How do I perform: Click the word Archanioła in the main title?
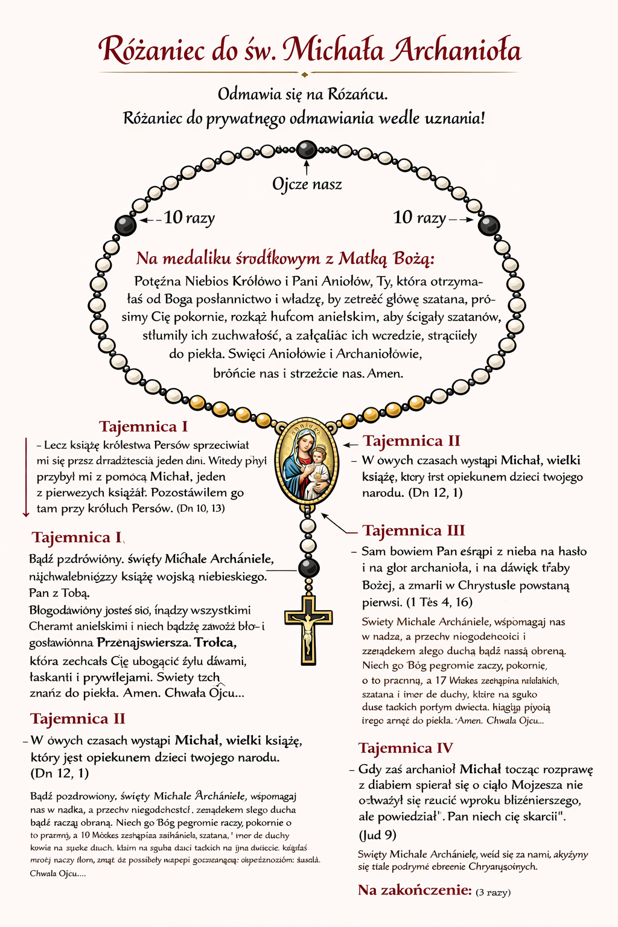[x=456, y=50]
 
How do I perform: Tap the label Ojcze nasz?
[x=307, y=184]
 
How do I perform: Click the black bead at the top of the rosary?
[x=307, y=149]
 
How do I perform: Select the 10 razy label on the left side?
[x=189, y=217]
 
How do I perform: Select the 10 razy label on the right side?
[x=419, y=217]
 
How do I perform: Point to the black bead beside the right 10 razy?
[x=489, y=226]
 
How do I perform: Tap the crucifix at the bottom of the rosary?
[x=308, y=628]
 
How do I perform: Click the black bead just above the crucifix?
[x=308, y=568]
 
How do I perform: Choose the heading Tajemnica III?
[x=413, y=530]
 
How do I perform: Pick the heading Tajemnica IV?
[x=406, y=748]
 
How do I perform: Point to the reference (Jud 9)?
[x=378, y=835]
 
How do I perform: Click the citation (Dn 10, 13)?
[x=202, y=509]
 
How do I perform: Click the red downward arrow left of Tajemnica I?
[x=26, y=477]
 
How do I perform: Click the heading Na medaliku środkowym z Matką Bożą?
[x=285, y=258]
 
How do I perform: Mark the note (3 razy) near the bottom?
[x=493, y=892]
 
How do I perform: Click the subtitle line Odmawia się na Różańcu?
[x=302, y=94]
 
